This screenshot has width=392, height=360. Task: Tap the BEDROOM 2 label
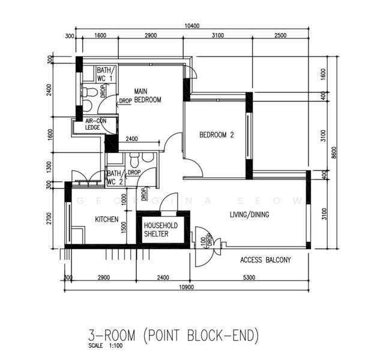pyautogui.click(x=216, y=135)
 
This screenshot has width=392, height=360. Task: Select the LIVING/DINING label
pyautogui.click(x=250, y=214)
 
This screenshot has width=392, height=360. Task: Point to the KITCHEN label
pyautogui.click(x=107, y=220)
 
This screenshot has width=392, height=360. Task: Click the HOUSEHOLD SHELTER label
pyautogui.click(x=160, y=229)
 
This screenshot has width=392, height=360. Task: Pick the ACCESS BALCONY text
pyautogui.click(x=265, y=260)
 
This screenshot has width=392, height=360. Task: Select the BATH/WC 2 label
pyautogui.click(x=115, y=178)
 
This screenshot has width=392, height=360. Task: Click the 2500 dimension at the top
pyautogui.click(x=280, y=36)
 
